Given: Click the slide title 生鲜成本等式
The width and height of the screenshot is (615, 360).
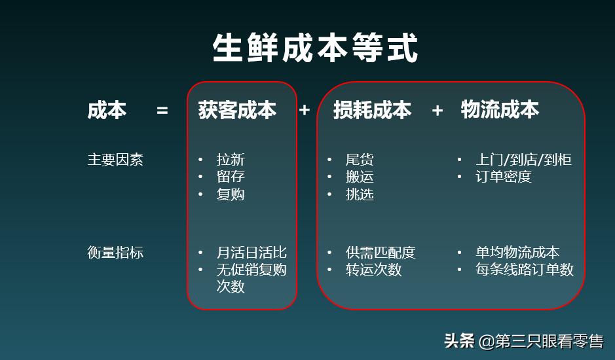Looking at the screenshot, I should (x=315, y=47).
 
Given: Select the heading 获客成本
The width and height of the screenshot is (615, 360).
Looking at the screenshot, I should (x=237, y=110).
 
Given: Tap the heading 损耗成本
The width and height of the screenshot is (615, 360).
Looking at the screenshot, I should (x=372, y=110).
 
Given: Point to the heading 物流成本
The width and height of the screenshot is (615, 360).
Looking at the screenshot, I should (x=500, y=109).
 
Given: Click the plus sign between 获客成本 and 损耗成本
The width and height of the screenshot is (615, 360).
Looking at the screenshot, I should (x=304, y=110).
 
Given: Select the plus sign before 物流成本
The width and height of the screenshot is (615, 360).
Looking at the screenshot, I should (x=437, y=111).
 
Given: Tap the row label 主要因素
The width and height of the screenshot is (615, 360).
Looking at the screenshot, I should (x=115, y=159).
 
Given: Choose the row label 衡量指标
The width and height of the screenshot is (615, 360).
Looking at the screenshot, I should (x=115, y=253).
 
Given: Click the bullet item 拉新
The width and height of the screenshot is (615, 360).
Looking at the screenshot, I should (x=231, y=160).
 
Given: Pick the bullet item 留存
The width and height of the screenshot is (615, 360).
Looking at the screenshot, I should (x=231, y=177).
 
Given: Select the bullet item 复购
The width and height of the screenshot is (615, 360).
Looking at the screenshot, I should (x=231, y=194).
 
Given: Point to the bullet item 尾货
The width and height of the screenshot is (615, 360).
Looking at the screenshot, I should (x=360, y=160).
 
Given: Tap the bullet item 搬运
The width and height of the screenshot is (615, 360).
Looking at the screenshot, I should (x=360, y=177).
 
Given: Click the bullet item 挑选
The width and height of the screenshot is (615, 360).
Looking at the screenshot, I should (x=360, y=194).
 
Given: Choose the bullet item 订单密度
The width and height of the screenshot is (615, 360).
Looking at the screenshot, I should (x=503, y=177).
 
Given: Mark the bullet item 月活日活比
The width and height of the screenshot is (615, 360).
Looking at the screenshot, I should (x=252, y=253).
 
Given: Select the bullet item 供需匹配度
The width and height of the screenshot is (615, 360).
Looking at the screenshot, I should (x=381, y=253).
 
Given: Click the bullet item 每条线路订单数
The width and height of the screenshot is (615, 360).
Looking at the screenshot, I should (x=524, y=270).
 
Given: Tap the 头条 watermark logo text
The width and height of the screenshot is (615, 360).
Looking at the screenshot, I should (x=459, y=341).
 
